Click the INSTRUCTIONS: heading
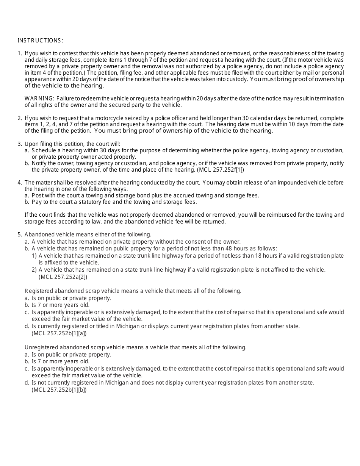(x=40, y=41)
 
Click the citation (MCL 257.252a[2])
(x=63, y=277)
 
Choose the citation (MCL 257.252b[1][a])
(x=59, y=333)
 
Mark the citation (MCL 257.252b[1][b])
(x=59, y=389)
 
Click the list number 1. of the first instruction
(x=20, y=53)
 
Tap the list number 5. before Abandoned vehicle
(x=20, y=235)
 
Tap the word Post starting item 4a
(x=38, y=195)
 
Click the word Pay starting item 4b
(x=36, y=202)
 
